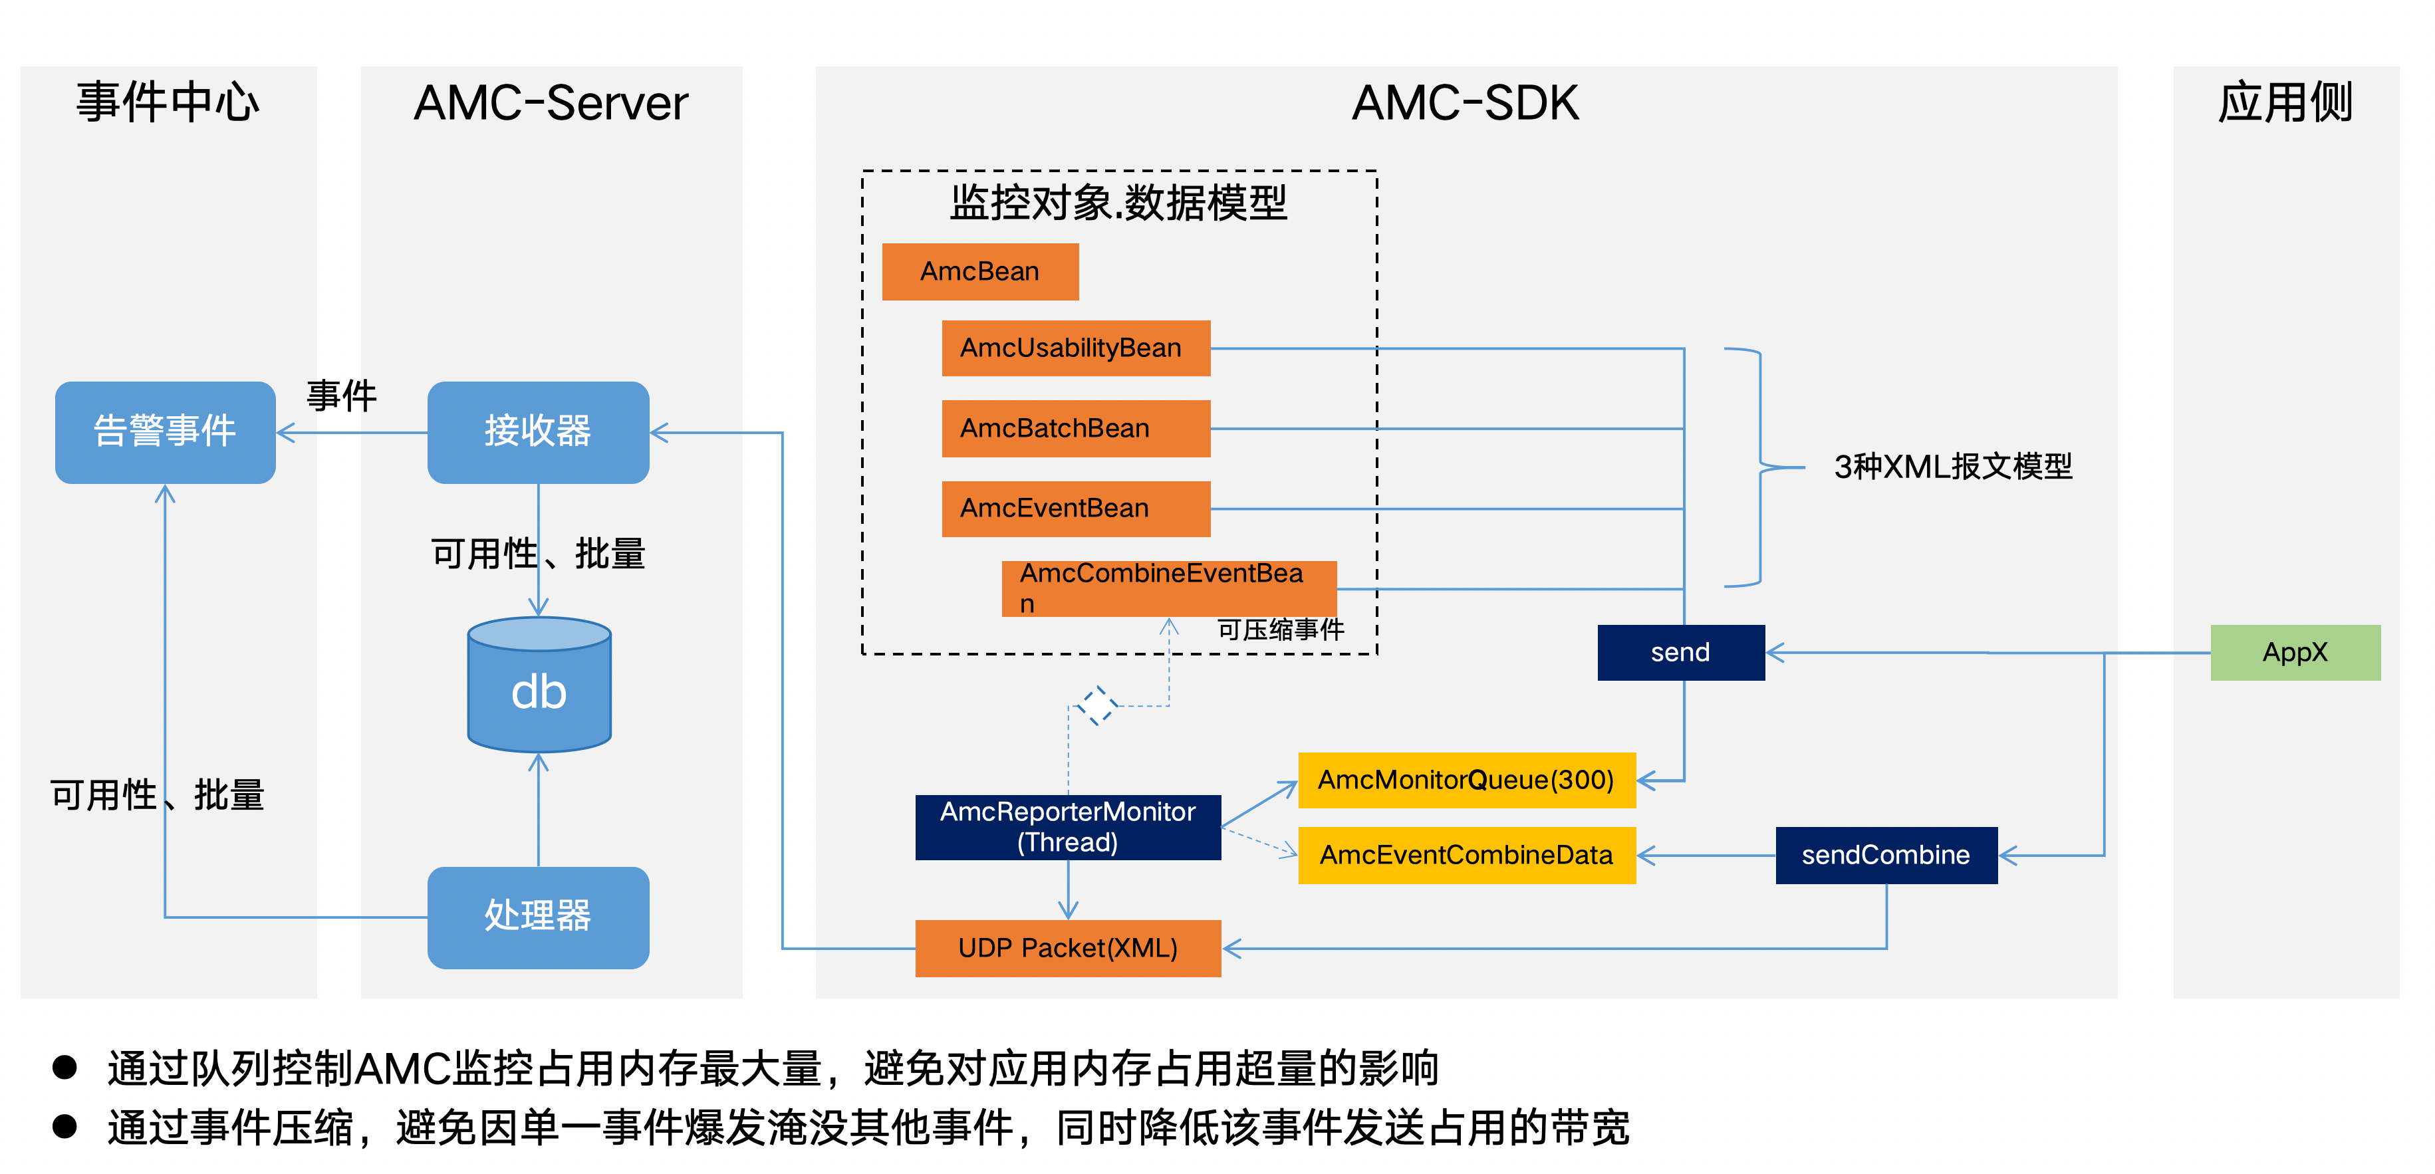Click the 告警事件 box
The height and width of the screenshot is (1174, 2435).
166,432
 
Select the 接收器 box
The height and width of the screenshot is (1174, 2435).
538,432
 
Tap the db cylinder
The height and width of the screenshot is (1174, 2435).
539,686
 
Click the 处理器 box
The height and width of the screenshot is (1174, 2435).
538,916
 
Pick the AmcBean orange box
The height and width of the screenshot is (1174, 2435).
979,271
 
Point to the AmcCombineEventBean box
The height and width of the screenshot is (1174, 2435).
1168,588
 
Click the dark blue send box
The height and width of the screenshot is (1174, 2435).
1680,652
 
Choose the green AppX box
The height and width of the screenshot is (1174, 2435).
2294,652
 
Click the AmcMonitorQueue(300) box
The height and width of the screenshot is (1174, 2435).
1466,780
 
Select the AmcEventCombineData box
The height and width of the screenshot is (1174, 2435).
1466,854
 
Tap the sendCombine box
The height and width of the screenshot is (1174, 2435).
1886,854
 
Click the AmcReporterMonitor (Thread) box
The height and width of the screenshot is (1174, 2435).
1067,827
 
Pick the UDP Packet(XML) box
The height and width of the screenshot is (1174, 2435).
1067,947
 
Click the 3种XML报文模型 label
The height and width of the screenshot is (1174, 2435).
1953,467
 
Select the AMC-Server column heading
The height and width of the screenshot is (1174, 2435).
551,103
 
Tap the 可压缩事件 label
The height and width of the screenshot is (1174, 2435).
1280,630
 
